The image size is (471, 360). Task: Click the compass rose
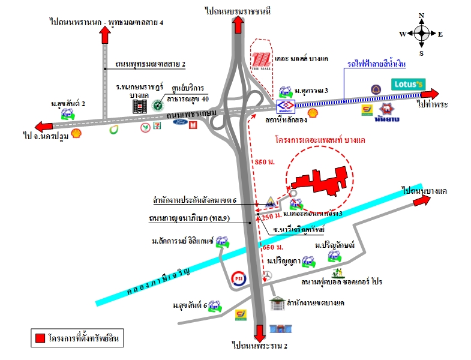[421, 34]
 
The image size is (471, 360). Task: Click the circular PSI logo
[239, 278]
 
